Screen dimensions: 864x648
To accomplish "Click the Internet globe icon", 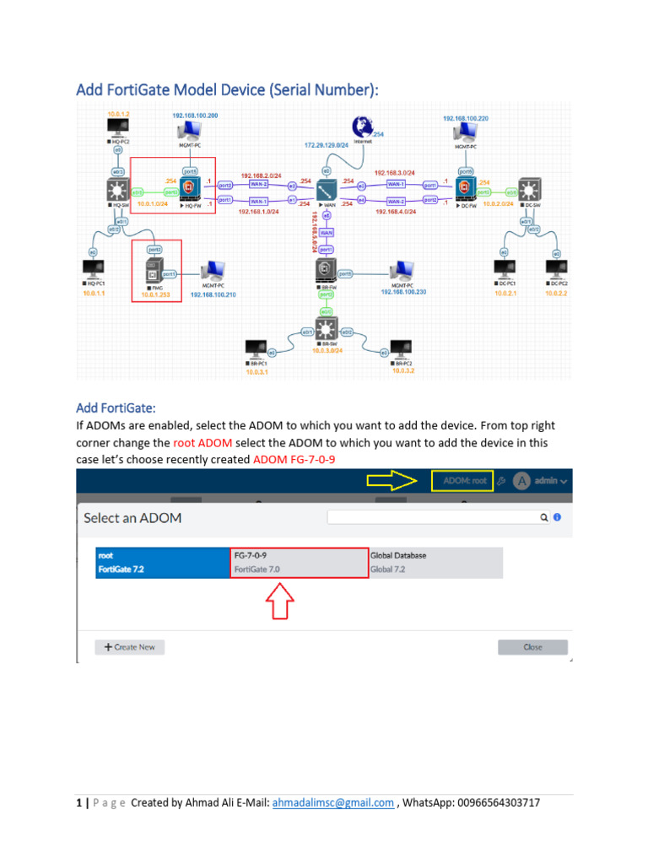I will tap(364, 127).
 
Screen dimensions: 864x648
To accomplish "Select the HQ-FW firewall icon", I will tap(189, 185).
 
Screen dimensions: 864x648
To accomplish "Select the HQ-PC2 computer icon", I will tap(117, 129).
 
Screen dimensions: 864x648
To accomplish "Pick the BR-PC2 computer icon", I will tap(396, 348).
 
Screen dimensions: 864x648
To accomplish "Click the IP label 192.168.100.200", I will tap(195, 115).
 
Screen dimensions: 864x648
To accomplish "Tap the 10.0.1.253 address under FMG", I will tap(154, 295).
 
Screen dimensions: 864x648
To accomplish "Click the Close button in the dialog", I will tap(532, 647).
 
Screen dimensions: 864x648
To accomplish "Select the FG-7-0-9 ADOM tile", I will tap(300, 562).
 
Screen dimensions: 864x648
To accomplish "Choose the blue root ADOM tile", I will tap(163, 562).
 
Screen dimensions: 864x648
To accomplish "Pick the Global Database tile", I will tap(435, 562).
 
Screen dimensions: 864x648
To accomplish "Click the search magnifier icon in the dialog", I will tap(545, 517).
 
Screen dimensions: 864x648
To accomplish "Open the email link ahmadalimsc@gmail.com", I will tap(332, 803).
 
